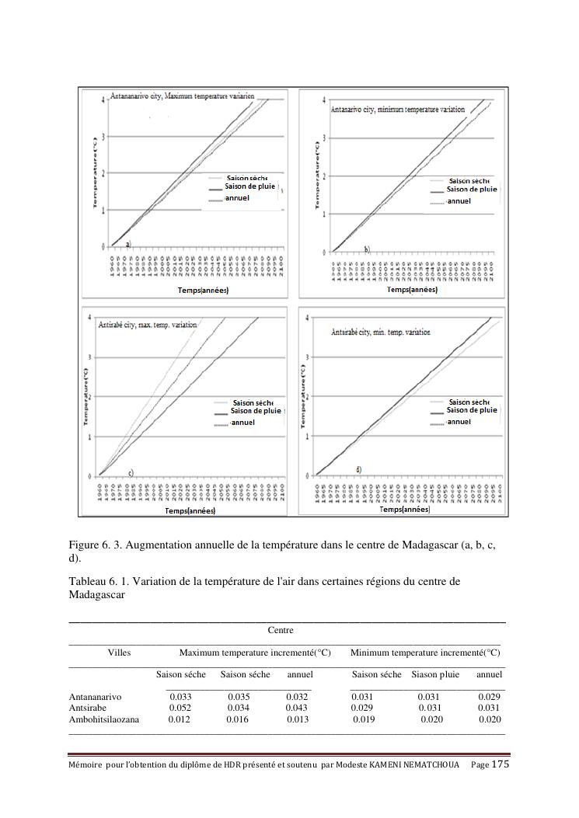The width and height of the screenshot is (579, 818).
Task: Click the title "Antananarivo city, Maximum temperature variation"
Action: [x=183, y=96]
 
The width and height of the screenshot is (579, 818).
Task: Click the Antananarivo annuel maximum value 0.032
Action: [x=298, y=697]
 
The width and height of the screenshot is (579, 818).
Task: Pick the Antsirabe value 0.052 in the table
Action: [x=180, y=708]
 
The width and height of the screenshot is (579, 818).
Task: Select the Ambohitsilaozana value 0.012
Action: [x=179, y=720]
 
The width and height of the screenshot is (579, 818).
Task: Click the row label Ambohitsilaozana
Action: [x=104, y=720]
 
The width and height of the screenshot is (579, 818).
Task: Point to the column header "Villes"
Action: [x=119, y=653]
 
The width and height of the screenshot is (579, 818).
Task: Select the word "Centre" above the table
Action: [x=281, y=630]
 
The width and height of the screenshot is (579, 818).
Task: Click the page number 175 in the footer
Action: [x=501, y=764]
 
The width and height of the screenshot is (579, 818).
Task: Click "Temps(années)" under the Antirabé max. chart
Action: [x=190, y=510]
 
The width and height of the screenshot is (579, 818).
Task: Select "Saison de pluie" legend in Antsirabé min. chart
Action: [x=472, y=410]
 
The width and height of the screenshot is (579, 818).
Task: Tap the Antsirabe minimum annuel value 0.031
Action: [x=489, y=708]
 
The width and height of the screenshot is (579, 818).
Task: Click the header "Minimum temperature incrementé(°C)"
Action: [x=425, y=653]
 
